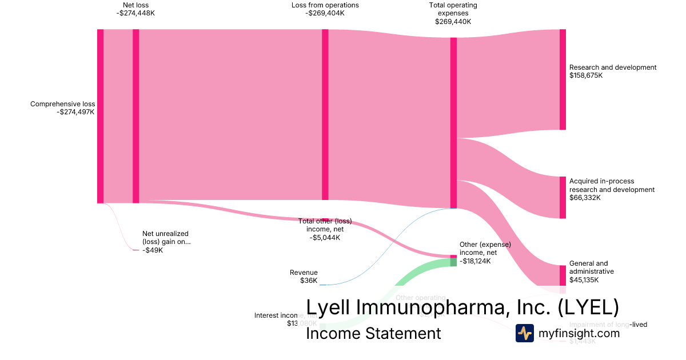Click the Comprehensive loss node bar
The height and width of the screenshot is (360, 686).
click(100, 116)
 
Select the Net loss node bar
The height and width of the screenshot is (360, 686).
click(136, 116)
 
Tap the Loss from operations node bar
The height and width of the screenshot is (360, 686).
click(325, 114)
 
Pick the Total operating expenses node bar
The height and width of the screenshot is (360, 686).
click(453, 123)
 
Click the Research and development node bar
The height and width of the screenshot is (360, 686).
click(563, 79)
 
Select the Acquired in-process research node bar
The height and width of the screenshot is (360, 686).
click(563, 198)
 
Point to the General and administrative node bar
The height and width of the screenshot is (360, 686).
click(563, 275)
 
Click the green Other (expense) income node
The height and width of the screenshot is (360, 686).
click(453, 262)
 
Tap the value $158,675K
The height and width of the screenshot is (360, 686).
click(586, 75)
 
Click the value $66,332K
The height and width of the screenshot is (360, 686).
click(584, 198)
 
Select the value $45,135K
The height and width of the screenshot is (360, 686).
click(584, 280)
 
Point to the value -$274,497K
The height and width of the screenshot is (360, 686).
click(75, 112)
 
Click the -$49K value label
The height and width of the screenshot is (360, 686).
click(153, 250)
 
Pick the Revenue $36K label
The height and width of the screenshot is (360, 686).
click(304, 277)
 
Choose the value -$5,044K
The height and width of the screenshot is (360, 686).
click(325, 238)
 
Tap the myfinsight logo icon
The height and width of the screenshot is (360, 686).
click(524, 333)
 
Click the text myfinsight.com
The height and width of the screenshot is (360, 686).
click(579, 333)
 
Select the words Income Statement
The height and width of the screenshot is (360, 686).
click(373, 333)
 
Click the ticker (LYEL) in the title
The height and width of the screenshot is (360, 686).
click(588, 307)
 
